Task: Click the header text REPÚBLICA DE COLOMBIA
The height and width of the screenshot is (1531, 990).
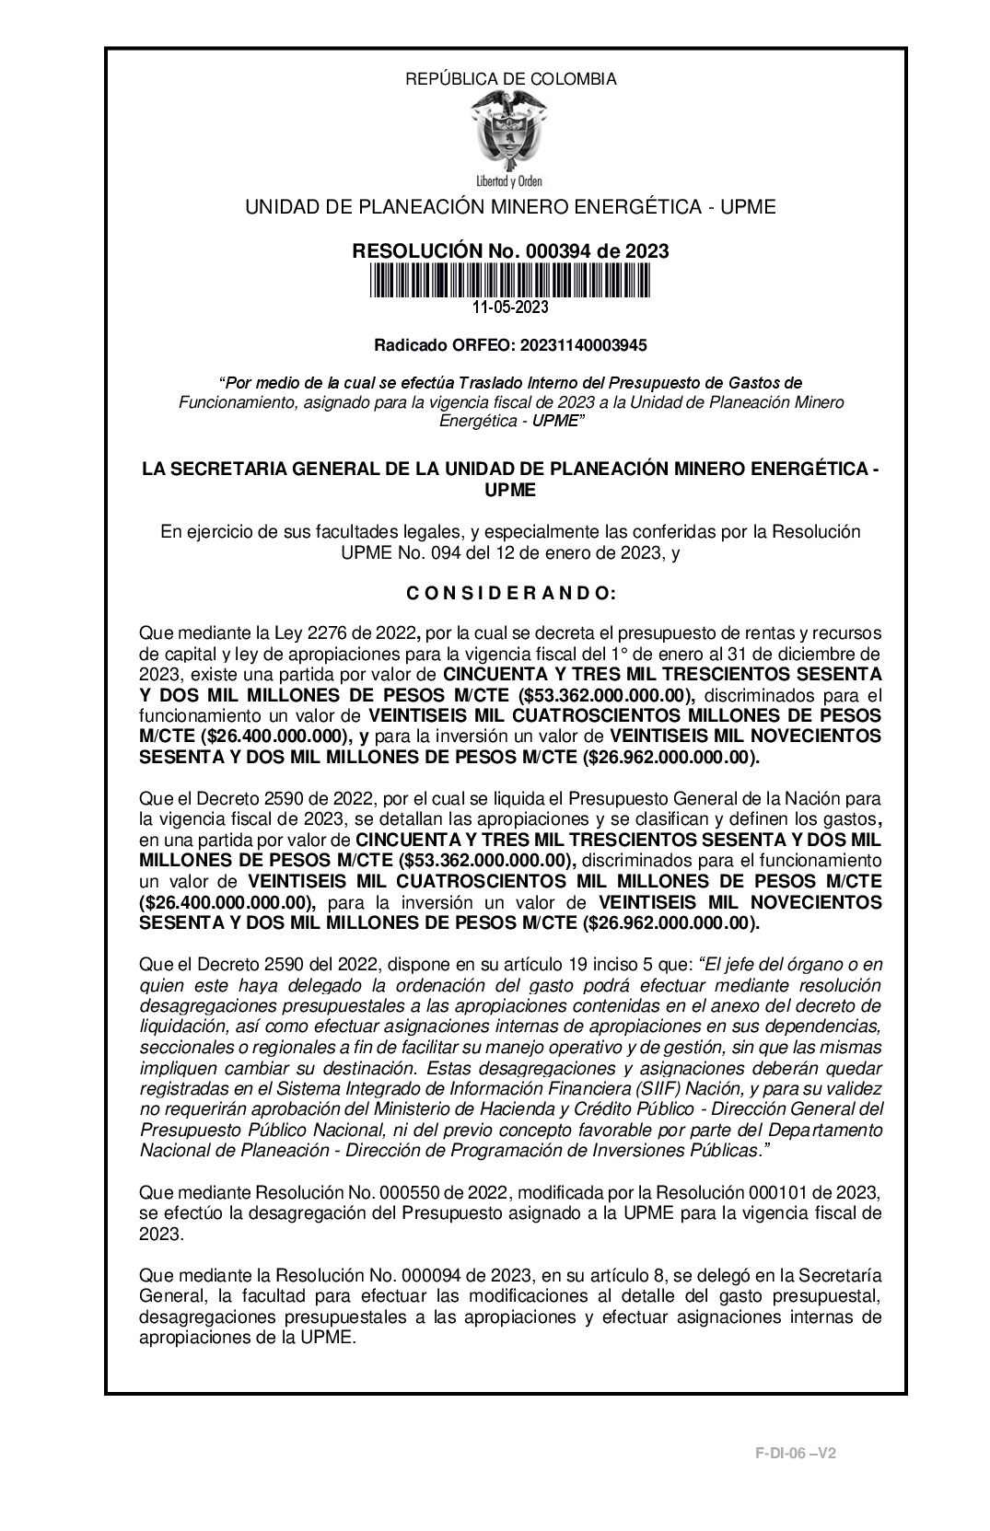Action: coord(511,79)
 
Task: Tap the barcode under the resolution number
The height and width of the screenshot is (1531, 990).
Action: coord(510,281)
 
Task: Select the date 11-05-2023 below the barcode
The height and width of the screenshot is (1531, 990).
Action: coord(510,307)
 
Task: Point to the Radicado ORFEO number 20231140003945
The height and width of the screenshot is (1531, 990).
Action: coord(584,346)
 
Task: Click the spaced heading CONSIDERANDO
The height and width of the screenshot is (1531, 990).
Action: coord(510,594)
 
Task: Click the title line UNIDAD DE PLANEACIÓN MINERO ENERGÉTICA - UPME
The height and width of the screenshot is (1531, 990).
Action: coord(510,207)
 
